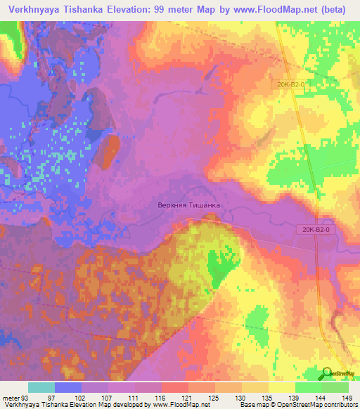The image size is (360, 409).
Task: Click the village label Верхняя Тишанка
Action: [x=188, y=205]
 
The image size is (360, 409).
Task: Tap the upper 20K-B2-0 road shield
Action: [x=290, y=84]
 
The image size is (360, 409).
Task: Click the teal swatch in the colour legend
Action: [x=41, y=388]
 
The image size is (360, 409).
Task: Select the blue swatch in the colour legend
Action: [x=68, y=388]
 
